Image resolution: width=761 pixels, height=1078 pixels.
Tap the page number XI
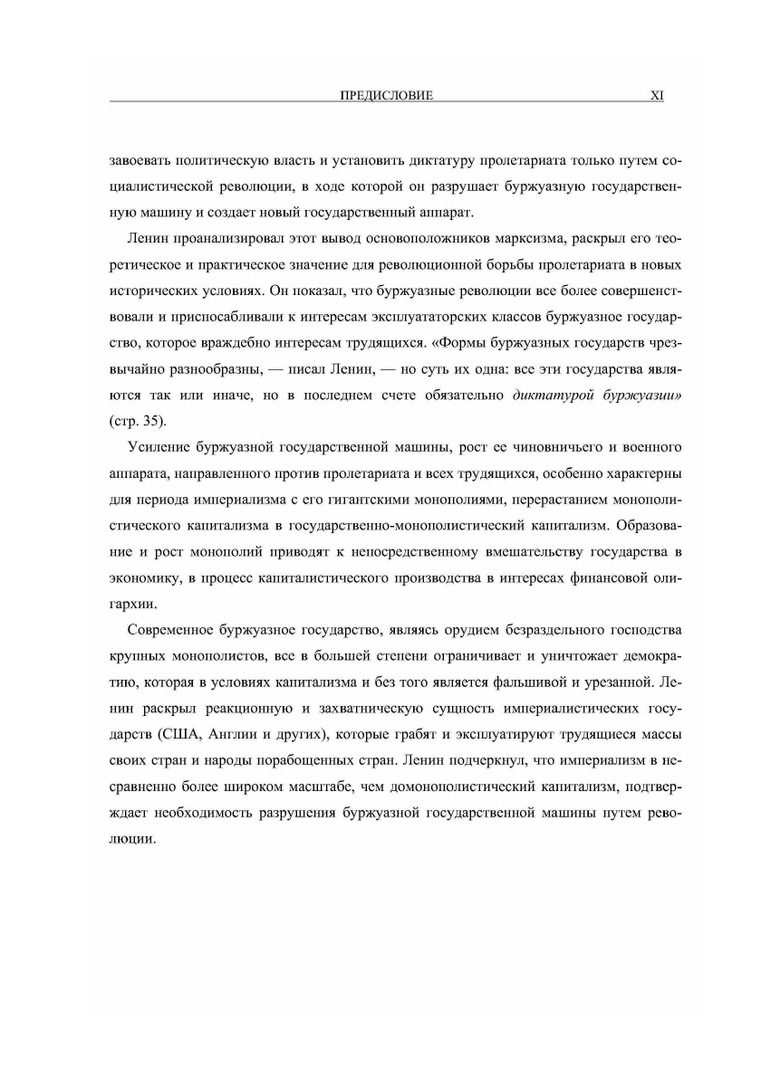(658, 94)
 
